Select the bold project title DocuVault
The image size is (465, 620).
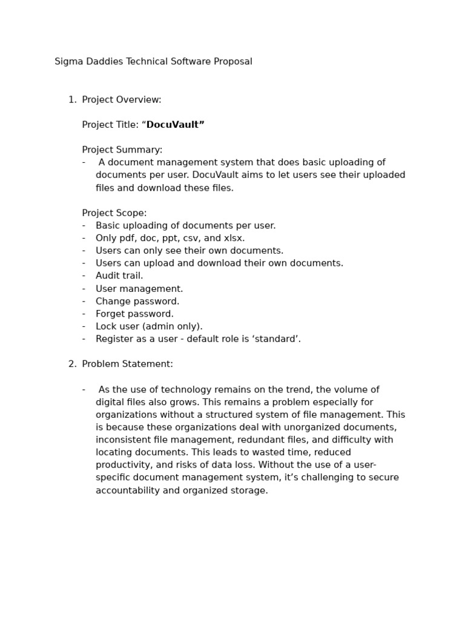pyautogui.click(x=175, y=125)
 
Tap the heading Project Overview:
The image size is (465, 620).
pyautogui.click(x=122, y=100)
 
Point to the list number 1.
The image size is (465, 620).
pyautogui.click(x=72, y=100)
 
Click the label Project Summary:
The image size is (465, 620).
pyautogui.click(x=122, y=150)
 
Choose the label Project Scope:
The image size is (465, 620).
pyautogui.click(x=114, y=213)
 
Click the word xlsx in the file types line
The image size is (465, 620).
pyautogui.click(x=233, y=239)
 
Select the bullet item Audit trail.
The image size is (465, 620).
pyautogui.click(x=119, y=276)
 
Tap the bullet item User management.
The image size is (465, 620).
pyautogui.click(x=139, y=289)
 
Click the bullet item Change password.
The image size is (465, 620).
pyautogui.click(x=137, y=302)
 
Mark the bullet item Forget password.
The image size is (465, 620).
pyautogui.click(x=134, y=314)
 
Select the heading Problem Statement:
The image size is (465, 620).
pyautogui.click(x=128, y=364)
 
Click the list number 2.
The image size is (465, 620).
pyautogui.click(x=72, y=364)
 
